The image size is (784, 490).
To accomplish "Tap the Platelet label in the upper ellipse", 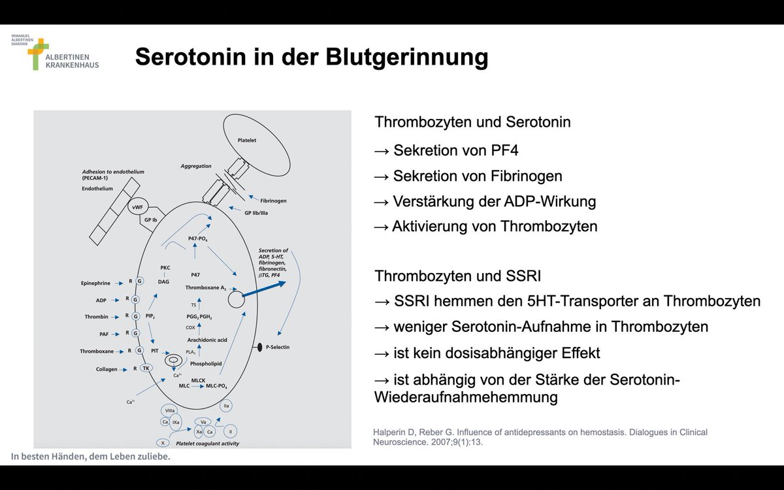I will tap(247, 140).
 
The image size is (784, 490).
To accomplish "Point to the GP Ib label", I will tap(150, 220).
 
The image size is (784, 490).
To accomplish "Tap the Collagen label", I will tap(106, 368).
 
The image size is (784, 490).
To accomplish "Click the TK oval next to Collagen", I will tap(146, 368).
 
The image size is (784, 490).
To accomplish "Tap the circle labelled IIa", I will tap(227, 406).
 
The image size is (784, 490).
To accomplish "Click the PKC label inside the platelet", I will tap(165, 268).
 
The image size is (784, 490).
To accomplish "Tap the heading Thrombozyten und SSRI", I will tap(457, 276).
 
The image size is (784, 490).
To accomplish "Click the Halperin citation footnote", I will tap(540, 436).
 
